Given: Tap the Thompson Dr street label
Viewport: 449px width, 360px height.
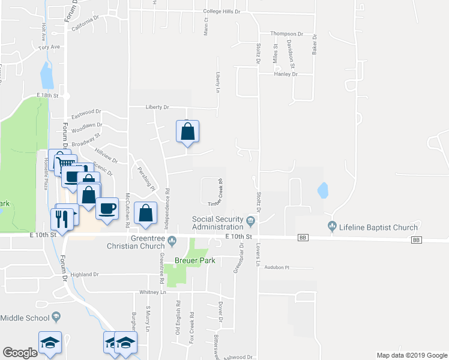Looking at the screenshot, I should coord(286,34).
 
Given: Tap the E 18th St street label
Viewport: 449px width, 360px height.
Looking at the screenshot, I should coord(48,95).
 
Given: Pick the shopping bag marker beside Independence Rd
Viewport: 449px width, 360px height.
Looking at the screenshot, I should coord(146,213).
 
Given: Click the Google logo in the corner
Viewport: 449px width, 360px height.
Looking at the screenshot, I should coord(20,353).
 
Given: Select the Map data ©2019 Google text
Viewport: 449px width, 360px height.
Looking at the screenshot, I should coord(411,355).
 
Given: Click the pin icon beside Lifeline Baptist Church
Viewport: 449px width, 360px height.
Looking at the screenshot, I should coord(332,227).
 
